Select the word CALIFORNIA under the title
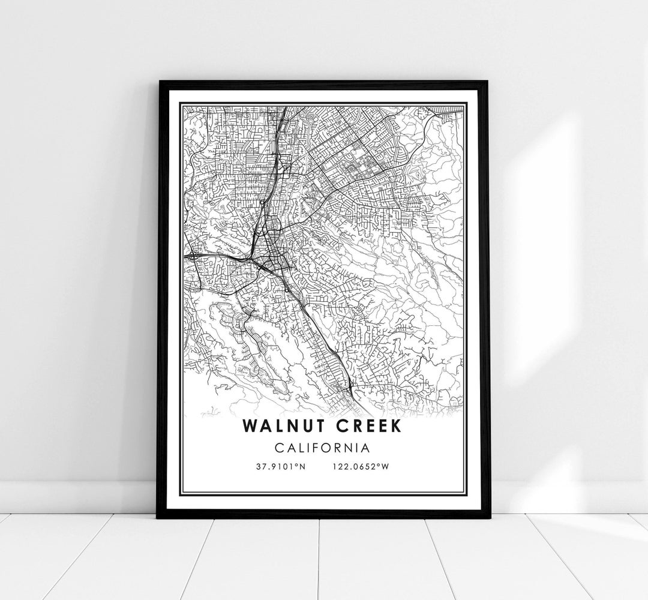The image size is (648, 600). point(323,448)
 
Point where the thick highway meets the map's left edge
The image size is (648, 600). point(186,256)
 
